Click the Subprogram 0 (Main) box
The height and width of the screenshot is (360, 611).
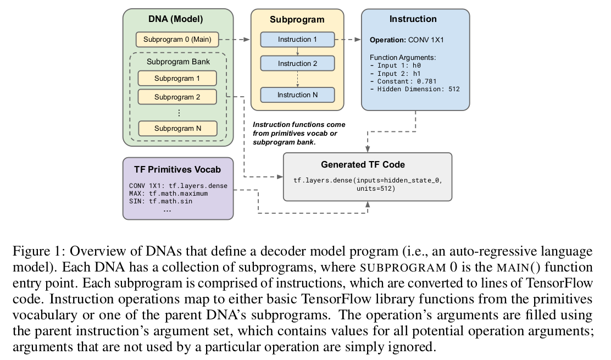pos(177,40)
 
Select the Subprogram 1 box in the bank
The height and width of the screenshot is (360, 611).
pos(177,78)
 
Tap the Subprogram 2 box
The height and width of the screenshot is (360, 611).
pos(177,97)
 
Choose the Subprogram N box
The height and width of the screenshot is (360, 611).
pos(177,128)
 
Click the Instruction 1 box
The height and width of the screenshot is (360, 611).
pos(297,40)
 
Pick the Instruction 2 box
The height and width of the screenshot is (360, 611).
pos(297,63)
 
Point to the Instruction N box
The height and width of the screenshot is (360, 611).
pos(297,95)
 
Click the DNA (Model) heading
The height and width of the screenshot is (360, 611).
pos(176,19)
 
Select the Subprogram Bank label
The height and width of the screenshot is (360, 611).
pos(178,62)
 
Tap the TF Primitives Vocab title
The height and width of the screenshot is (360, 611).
pos(177,169)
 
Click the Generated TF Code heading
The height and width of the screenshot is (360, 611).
pos(366,165)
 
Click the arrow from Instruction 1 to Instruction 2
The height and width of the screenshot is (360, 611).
pos(297,51)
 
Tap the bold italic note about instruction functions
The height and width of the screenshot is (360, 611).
pos(298,134)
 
